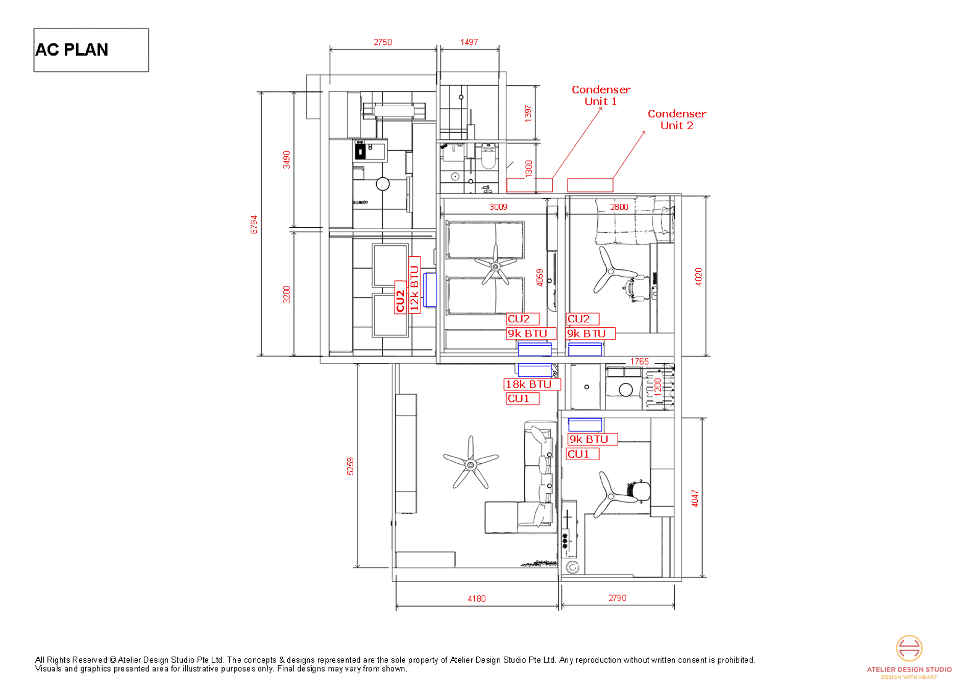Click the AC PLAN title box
[x=91, y=50]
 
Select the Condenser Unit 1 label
[x=601, y=95]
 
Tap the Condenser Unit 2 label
[x=677, y=120]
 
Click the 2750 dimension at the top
[x=383, y=42]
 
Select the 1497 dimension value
[x=469, y=42]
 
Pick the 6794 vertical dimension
[x=254, y=225]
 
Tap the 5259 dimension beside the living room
[x=350, y=466]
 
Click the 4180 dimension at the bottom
[x=477, y=599]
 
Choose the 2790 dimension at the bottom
[x=617, y=598]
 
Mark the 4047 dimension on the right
[x=695, y=498]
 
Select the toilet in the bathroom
[x=488, y=156]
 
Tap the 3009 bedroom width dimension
[x=498, y=207]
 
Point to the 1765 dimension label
[x=639, y=362]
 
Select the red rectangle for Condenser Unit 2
[x=590, y=185]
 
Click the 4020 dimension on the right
[x=698, y=276]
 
